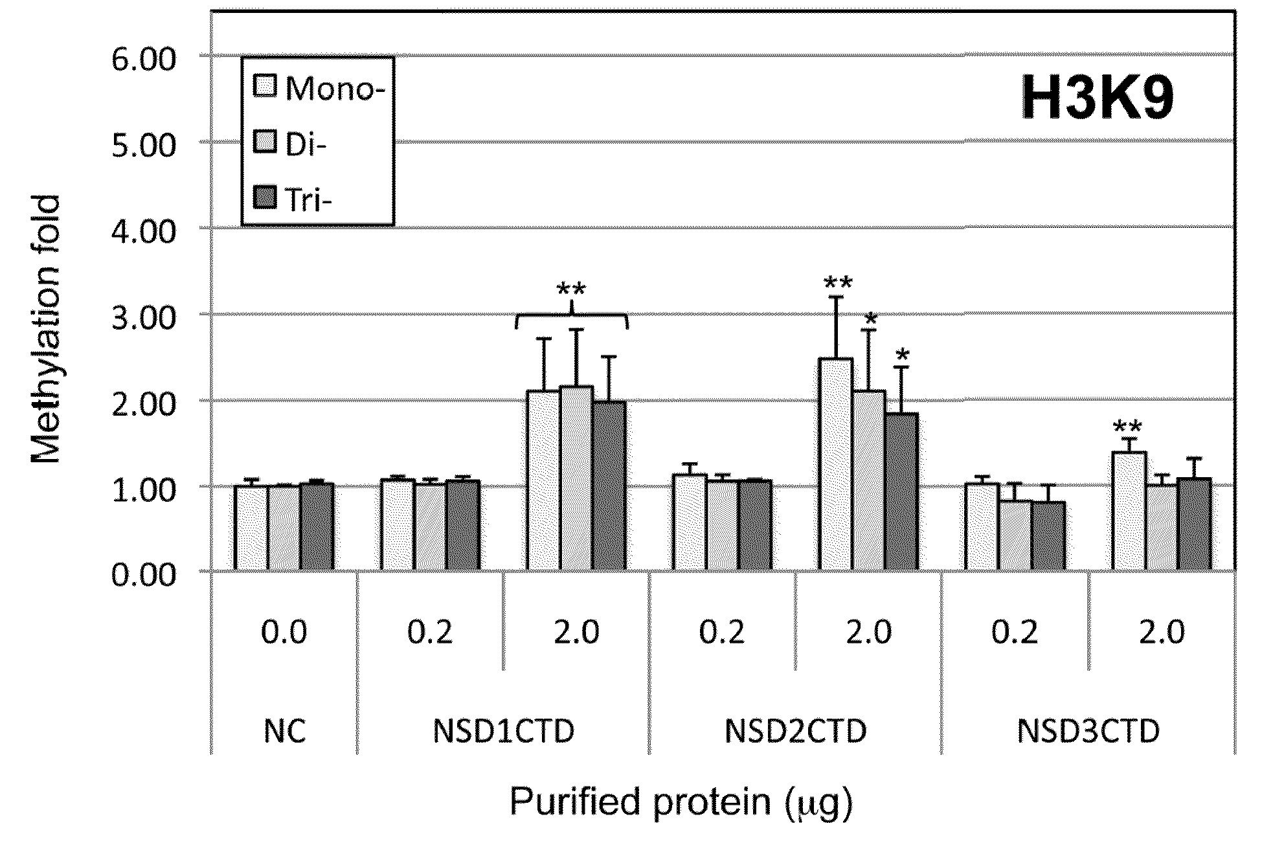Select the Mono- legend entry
coord(319,88)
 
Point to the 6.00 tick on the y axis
coord(144,60)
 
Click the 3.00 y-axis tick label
coord(144,318)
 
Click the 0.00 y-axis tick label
coord(144,574)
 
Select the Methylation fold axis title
coord(47,330)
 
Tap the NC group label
coord(284,732)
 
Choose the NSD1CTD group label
coord(503,732)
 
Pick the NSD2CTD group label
coord(795,732)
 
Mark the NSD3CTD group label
coord(1088,732)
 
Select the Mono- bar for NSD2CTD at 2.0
coord(836,464)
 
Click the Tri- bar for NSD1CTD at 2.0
coord(609,486)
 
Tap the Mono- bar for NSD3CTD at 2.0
coord(1129,511)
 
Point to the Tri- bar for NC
coord(317,527)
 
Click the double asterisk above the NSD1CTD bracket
coord(571,289)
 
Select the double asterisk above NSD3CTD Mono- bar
coord(1128,427)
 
